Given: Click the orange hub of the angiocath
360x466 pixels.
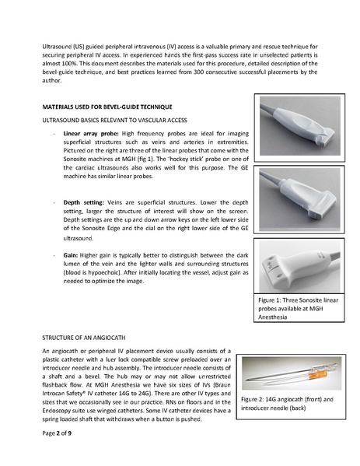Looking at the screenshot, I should coord(307,371).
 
